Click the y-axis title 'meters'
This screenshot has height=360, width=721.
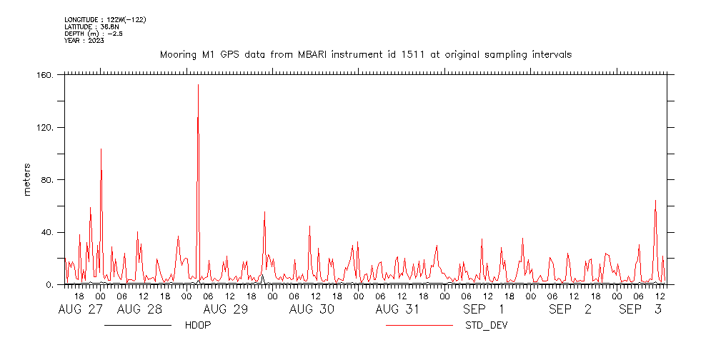tap(28, 180)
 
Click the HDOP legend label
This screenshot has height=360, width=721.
tap(197, 326)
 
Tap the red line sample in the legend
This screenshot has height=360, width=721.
tap(419, 326)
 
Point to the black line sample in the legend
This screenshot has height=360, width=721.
tap(137, 326)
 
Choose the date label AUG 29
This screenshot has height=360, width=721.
tap(226, 309)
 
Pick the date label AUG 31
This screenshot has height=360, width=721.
tap(397, 309)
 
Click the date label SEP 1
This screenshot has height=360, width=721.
tap(483, 309)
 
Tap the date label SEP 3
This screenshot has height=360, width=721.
tap(640, 309)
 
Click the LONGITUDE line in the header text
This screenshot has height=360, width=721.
tap(105, 19)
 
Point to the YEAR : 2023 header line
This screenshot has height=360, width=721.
tap(84, 41)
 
